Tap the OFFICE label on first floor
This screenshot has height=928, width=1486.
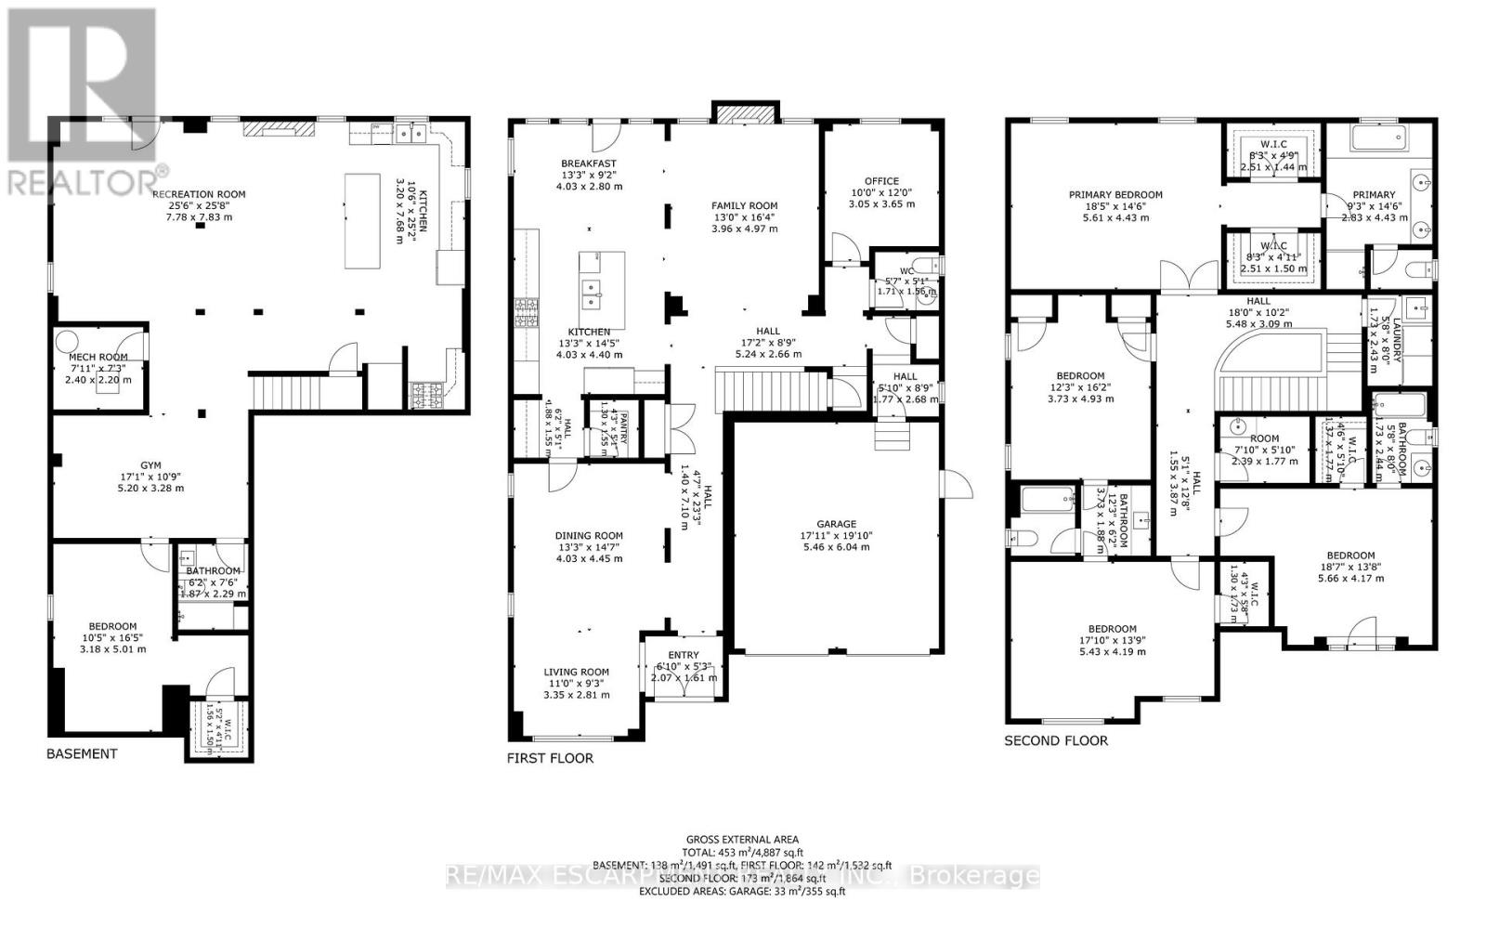pyautogui.click(x=881, y=181)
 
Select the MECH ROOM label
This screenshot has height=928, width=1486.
pyautogui.click(x=98, y=357)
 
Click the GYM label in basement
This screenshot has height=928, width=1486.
pyautogui.click(x=150, y=465)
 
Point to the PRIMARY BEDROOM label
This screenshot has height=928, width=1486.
pyautogui.click(x=1115, y=195)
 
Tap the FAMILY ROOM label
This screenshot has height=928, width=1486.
pyautogui.click(x=744, y=206)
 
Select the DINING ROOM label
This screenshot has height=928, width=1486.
pyautogui.click(x=589, y=536)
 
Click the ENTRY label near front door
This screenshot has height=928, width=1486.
pyautogui.click(x=684, y=655)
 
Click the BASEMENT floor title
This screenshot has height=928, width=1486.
pyautogui.click(x=82, y=753)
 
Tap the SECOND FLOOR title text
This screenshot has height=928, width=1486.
pyautogui.click(x=1056, y=740)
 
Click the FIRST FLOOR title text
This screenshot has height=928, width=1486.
pyautogui.click(x=550, y=758)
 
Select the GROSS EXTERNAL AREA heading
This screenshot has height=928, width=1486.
pyautogui.click(x=742, y=839)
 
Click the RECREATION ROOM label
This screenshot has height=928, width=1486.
pyautogui.click(x=199, y=194)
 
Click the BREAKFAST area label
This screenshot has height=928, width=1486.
pyautogui.click(x=589, y=163)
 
